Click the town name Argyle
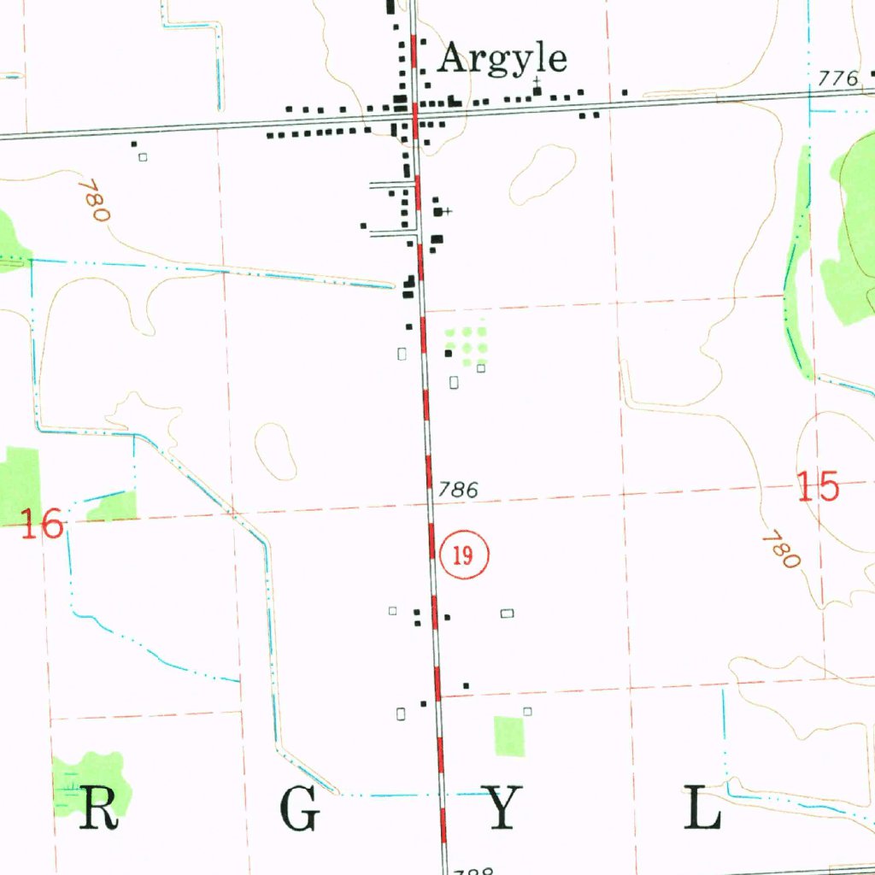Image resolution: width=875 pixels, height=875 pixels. (502, 59)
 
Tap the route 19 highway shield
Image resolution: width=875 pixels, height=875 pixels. (464, 555)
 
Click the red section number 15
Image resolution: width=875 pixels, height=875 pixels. (818, 487)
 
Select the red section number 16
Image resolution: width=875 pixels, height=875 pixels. (42, 523)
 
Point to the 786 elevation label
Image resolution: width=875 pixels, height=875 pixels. (457, 490)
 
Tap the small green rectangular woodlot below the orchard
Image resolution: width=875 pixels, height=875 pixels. (509, 736)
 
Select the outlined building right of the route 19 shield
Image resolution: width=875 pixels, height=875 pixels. (508, 613)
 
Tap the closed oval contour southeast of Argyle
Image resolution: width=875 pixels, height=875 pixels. (542, 173)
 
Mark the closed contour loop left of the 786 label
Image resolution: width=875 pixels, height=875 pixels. (275, 450)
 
